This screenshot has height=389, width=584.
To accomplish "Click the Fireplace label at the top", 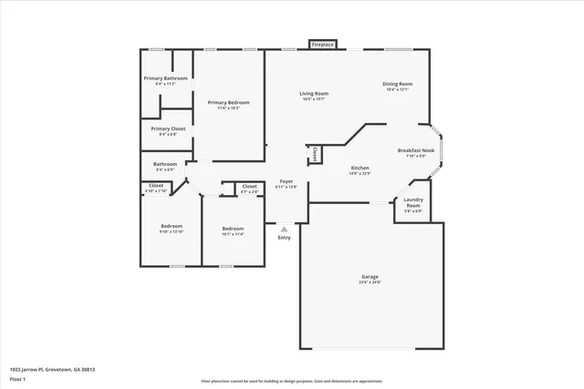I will [323, 44].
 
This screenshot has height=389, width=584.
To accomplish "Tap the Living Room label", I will [315, 93].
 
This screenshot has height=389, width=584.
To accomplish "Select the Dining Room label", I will [397, 84].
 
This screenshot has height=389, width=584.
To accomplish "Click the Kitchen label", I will [360, 168].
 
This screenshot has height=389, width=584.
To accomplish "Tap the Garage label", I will [370, 276].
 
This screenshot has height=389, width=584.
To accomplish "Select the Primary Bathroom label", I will [165, 78].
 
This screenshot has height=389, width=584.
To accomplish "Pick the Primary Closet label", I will [168, 128].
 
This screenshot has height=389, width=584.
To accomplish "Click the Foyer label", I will [286, 181].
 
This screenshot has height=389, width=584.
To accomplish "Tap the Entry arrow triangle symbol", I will [284, 230].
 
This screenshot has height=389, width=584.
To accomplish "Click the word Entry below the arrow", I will [284, 238].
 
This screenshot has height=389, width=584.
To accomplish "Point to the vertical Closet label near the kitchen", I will [315, 155].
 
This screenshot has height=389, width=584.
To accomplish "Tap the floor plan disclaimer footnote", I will [292, 381].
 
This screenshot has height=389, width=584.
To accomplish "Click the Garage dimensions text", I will [370, 282].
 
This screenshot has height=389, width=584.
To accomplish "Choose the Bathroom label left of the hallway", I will [165, 164].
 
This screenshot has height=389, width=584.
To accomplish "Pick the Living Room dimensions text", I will [315, 99].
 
